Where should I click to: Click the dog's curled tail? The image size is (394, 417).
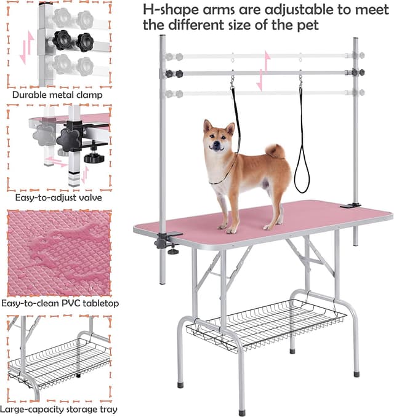pos(275,151)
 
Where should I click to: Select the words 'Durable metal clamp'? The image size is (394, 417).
pos(57,95)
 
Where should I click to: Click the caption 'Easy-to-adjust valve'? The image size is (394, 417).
pos(58,197)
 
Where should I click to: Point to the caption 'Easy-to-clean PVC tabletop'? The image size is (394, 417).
pos(60,303)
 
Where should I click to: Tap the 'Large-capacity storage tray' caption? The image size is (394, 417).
pos(58,409)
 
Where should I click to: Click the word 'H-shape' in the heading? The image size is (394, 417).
pos(171,10)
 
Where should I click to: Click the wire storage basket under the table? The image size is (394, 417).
pos(266,325)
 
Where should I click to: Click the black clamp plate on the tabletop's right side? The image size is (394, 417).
pos(350,205)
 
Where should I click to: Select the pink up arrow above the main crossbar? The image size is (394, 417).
pos(267,61)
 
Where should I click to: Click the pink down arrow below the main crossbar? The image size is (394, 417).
pos(260,81)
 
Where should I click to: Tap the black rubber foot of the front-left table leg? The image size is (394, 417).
pos(180,385)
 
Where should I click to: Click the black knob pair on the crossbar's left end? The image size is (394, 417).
pos(174,74)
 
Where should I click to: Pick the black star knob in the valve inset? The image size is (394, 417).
pos(68,139)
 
